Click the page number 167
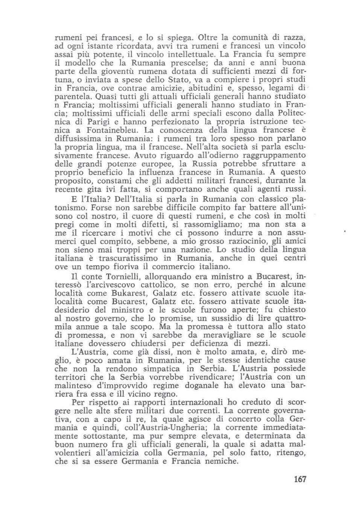pyautogui.click(x=300, y=479)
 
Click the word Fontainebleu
pyautogui.click(x=108, y=130)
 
